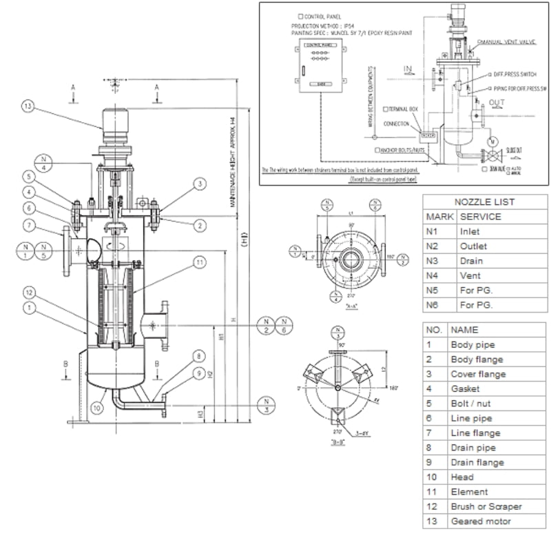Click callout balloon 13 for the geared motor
click(28, 106)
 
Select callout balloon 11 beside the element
click(199, 261)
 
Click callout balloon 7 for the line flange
click(28, 225)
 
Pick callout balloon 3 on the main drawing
click(199, 184)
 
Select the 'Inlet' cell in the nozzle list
click(469, 232)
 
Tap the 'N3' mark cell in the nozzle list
click(434, 261)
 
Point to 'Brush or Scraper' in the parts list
click(486, 506)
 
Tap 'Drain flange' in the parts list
click(477, 462)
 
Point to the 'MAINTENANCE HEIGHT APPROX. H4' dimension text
click(233, 162)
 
